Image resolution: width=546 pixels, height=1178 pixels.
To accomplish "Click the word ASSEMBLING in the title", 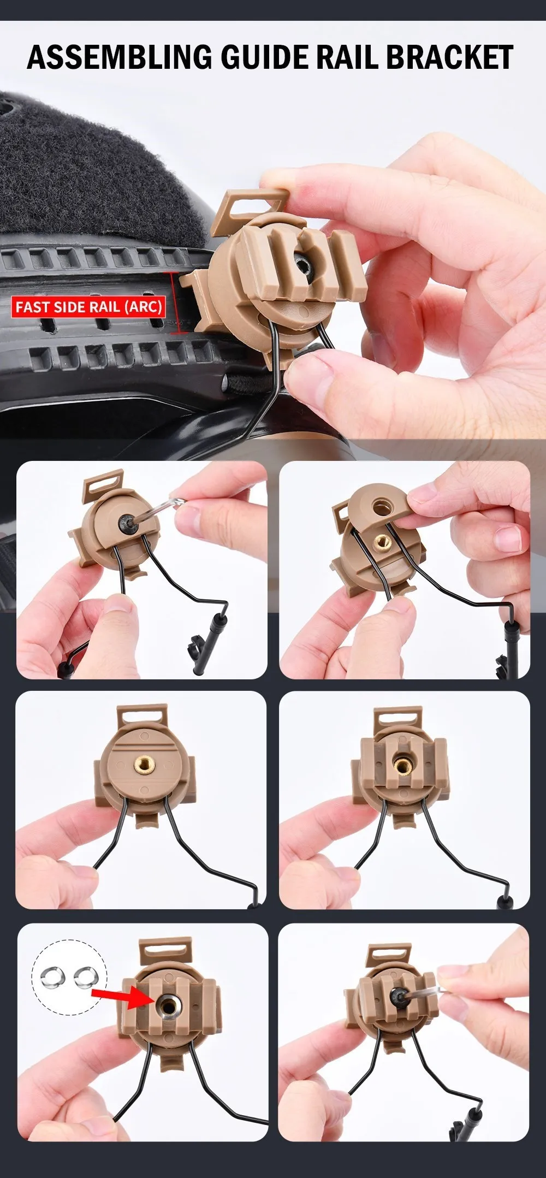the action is tap(120, 57).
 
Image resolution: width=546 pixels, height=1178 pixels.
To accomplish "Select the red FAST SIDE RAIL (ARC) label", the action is tap(88, 307).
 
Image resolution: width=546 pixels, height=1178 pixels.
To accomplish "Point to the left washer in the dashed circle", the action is tap(53, 975).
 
